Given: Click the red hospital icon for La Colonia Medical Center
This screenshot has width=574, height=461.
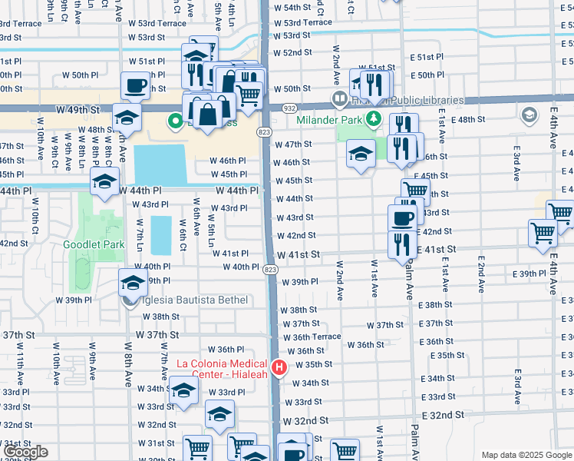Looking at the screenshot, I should point(279,368).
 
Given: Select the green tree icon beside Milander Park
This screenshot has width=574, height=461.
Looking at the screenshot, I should point(373,118).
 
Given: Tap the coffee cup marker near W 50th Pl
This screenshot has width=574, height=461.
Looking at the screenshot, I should point(135,85).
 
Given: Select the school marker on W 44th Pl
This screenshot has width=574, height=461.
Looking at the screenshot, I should point(104,182).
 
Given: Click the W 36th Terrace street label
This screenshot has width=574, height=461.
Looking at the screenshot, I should point(312,337).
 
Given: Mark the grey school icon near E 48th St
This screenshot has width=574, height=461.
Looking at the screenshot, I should point(528,115).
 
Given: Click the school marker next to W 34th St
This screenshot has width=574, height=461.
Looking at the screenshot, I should point(183,390).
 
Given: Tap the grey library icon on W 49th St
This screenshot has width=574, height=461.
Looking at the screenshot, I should point(339,98).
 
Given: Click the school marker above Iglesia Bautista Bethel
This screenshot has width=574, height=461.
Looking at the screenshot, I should point(133,282).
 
